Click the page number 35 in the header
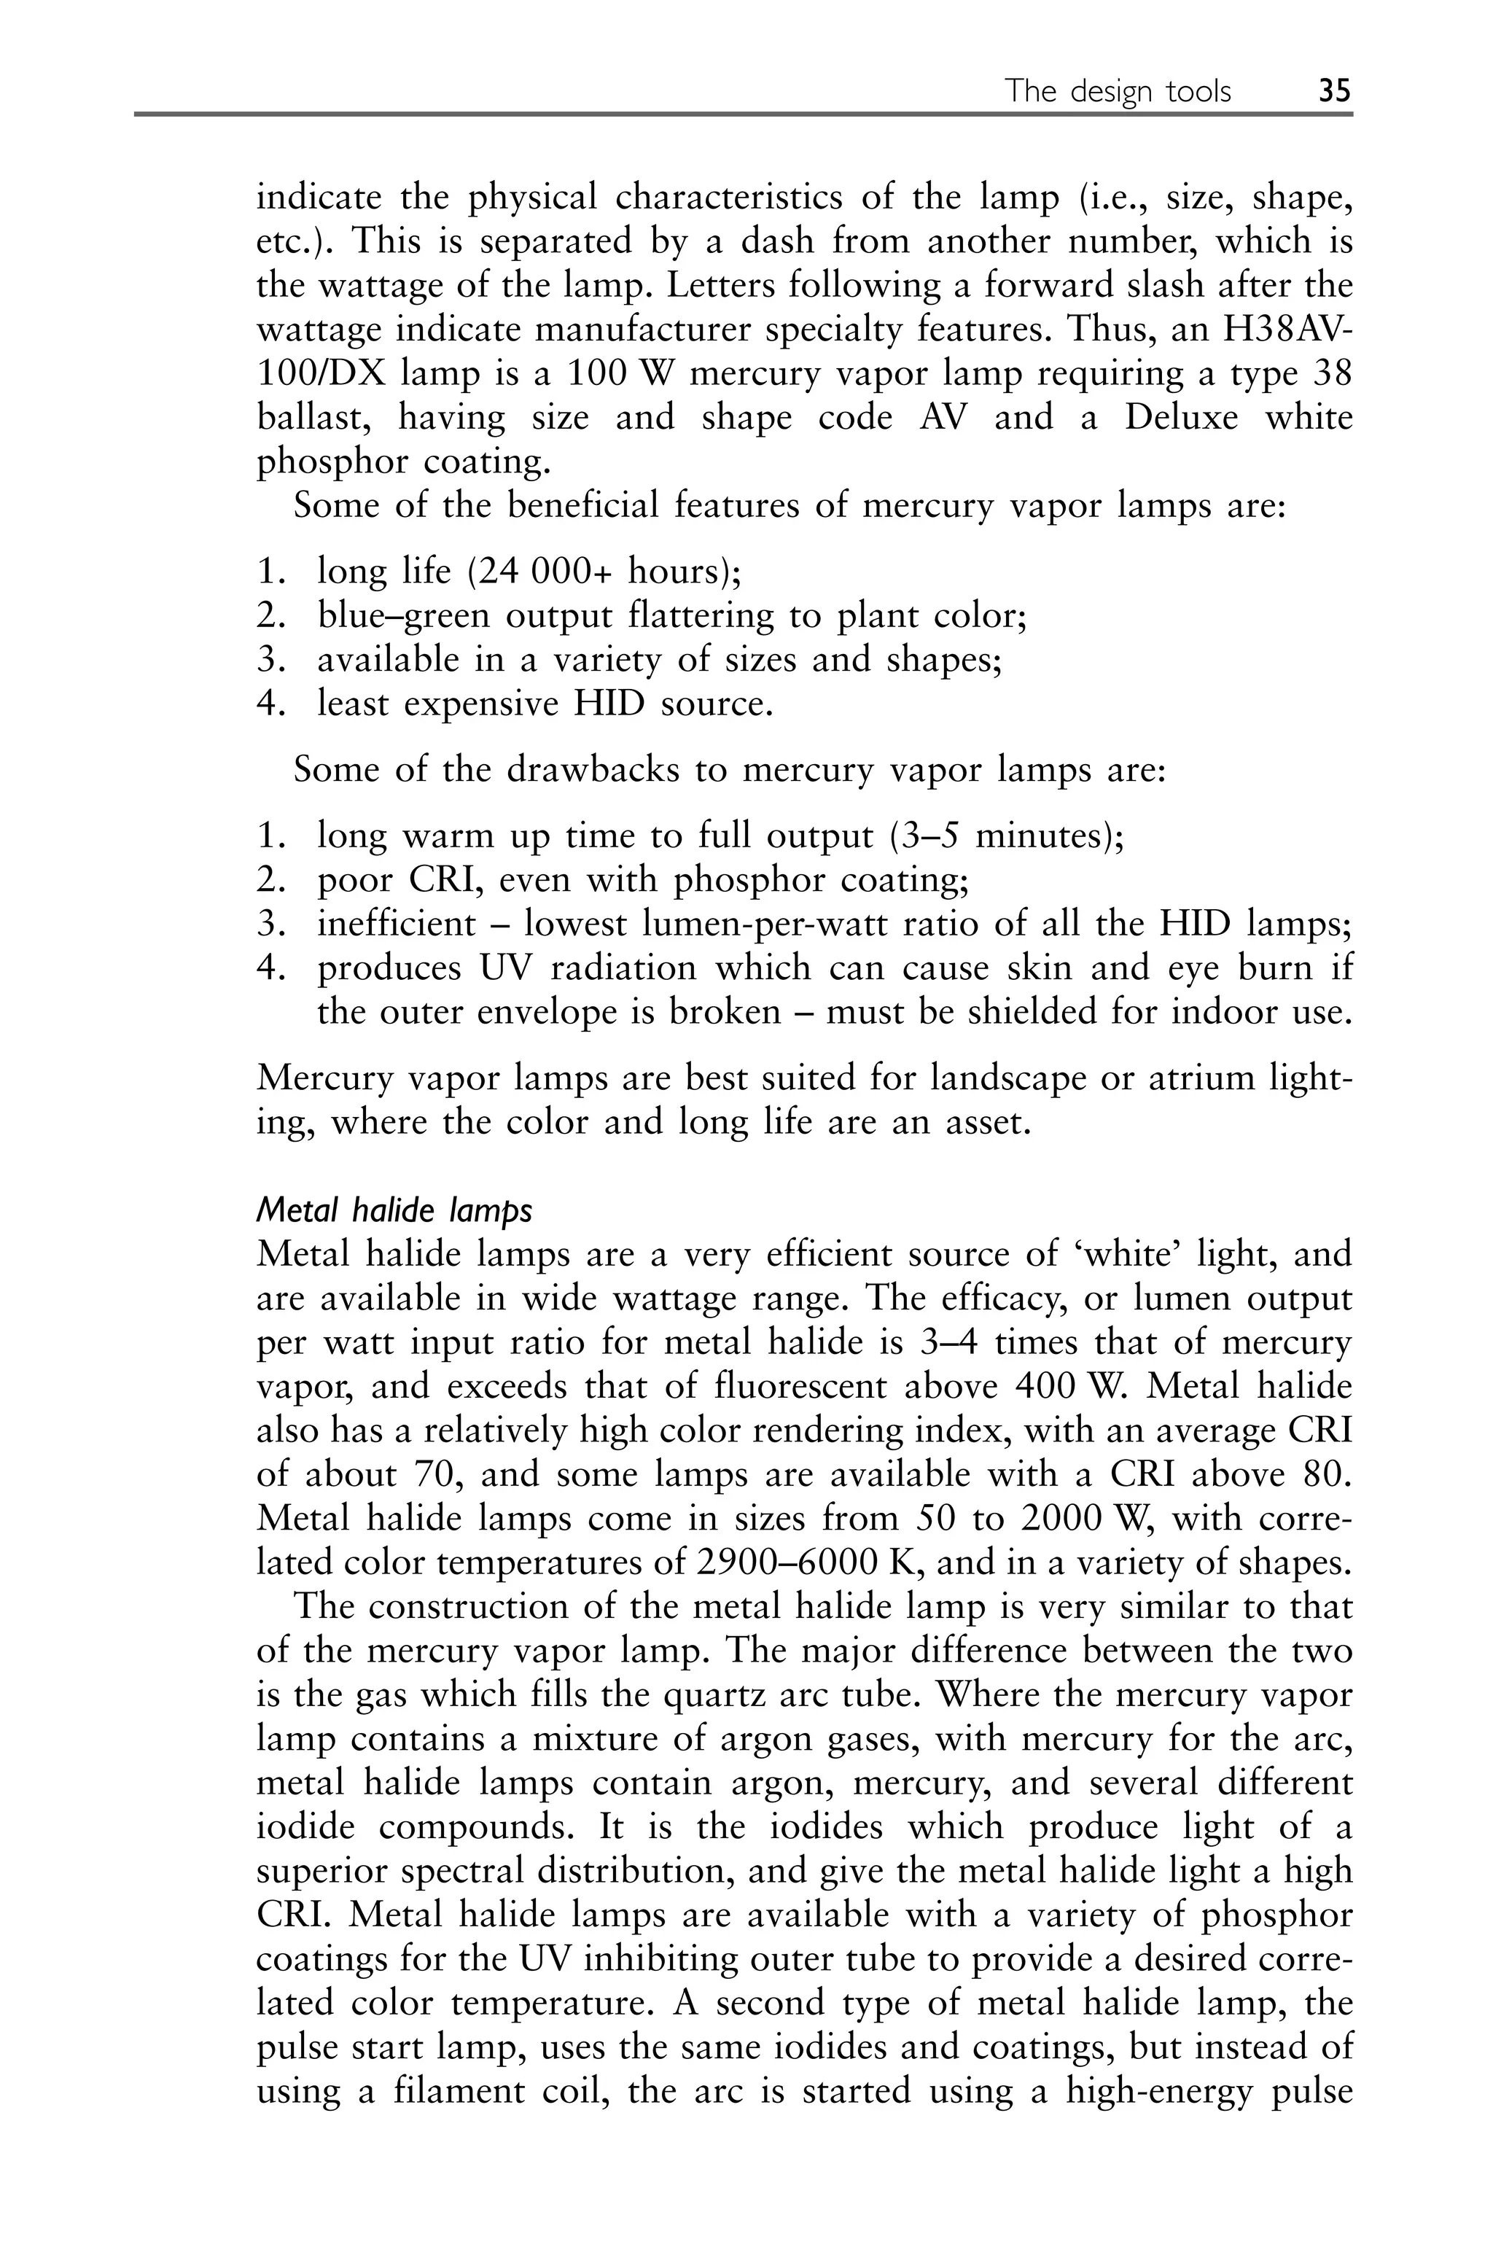point(1334,91)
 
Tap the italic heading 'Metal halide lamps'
point(394,1211)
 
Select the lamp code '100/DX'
point(320,373)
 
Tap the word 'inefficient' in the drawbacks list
point(396,924)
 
